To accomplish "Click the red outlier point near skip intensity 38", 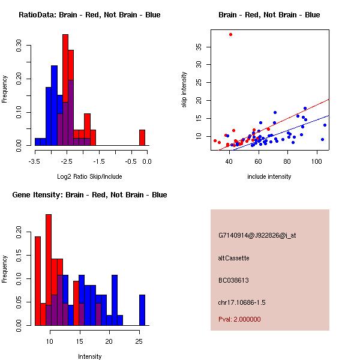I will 230,34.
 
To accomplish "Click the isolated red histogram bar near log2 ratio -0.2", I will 142,137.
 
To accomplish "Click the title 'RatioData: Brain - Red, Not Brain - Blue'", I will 89,14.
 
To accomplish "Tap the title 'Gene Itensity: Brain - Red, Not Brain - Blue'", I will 89,194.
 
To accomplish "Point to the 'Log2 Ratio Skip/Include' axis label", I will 89,176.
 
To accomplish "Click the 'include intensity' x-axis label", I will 269,176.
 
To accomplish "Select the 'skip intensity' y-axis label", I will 184,90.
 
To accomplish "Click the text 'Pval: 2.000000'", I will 240,319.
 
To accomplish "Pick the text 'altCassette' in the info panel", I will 233,258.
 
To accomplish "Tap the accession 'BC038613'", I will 234,280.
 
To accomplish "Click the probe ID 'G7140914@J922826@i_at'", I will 257,236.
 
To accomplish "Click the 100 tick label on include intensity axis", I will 317,160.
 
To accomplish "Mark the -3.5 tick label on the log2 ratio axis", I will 34,160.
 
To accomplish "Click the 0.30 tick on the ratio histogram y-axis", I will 19,46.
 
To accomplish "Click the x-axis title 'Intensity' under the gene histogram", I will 89,356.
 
